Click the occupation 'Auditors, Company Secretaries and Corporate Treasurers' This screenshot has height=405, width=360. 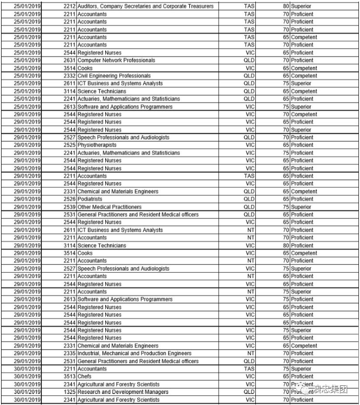(x=145, y=6)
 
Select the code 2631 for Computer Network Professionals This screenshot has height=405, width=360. (x=70, y=60)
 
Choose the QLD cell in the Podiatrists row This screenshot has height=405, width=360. (x=249, y=199)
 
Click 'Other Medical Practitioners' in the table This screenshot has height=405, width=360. (x=109, y=207)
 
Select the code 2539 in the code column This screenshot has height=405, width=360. (x=70, y=207)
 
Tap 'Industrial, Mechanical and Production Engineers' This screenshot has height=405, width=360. (x=134, y=353)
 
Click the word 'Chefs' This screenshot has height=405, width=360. (x=85, y=376)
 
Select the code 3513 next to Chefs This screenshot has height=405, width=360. (x=70, y=376)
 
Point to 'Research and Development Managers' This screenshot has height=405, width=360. (x=123, y=392)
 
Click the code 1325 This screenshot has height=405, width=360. (x=70, y=392)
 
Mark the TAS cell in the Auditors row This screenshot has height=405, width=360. (x=249, y=6)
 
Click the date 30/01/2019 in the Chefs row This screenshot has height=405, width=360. (x=27, y=376)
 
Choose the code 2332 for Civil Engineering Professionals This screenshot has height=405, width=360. (x=70, y=76)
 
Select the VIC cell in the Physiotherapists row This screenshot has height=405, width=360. (x=250, y=145)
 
